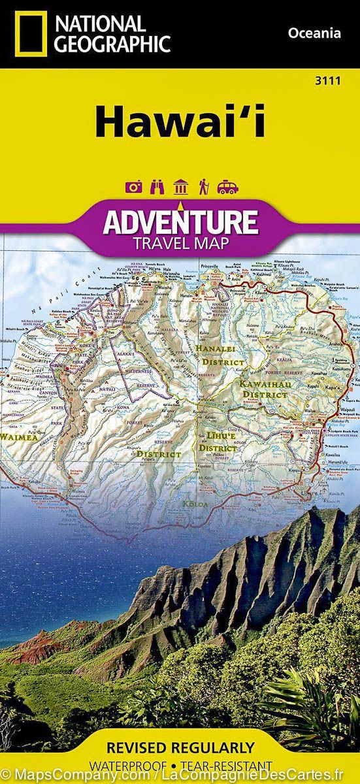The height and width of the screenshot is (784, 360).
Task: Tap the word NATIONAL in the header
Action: (100, 25)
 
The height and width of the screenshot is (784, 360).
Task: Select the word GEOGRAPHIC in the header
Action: (112, 44)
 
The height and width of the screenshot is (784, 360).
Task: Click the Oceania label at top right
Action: (314, 33)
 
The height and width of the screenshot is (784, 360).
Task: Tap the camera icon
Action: (134, 188)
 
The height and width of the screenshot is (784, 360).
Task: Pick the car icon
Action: (227, 188)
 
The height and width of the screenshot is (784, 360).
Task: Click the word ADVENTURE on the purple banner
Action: (180, 222)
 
